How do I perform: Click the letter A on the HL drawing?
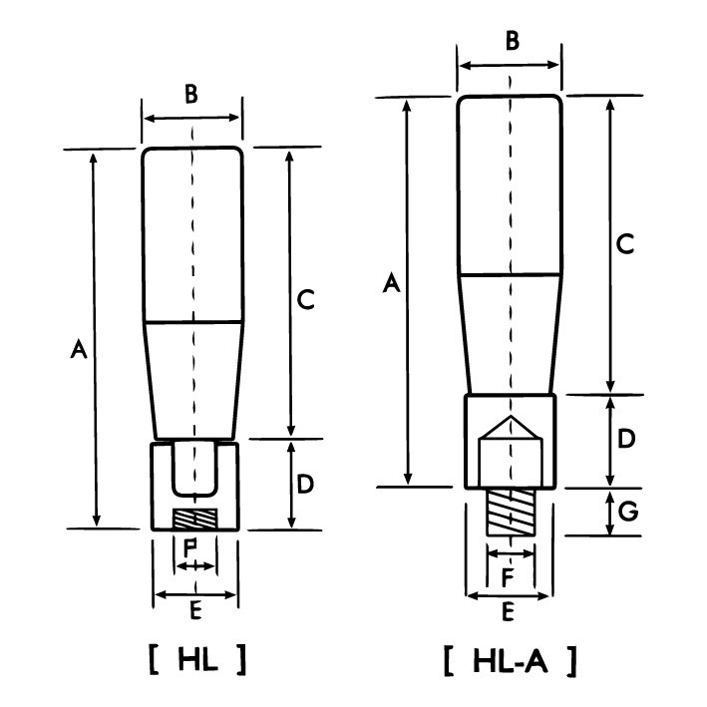tap(77, 349)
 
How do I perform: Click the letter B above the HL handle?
tap(191, 96)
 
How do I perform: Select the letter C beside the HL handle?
tap(307, 297)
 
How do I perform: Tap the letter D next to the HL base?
tap(307, 484)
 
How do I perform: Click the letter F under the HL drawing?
tap(193, 545)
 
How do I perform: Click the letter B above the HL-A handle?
tap(511, 42)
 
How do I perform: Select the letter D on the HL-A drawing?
tap(625, 439)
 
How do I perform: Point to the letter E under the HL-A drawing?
tap(509, 613)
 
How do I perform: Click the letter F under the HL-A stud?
tap(509, 575)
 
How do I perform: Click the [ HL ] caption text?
tap(196, 659)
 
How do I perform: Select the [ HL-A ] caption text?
tap(510, 659)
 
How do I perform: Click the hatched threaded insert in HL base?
tap(194, 520)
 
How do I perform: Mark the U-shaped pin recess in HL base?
tap(194, 469)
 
